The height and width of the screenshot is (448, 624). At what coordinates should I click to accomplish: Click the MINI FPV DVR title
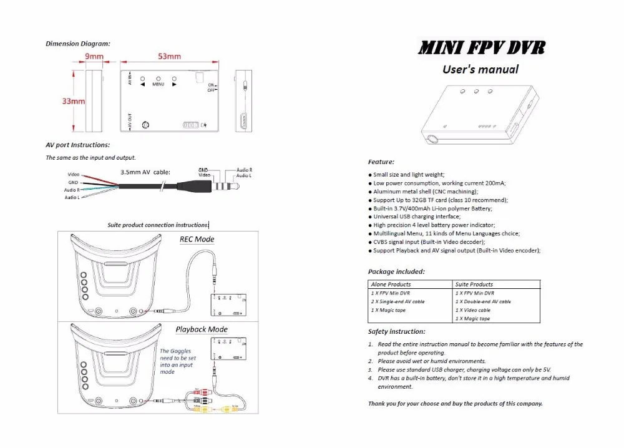coord(480,47)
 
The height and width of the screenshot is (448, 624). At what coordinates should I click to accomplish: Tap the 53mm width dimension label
coord(169,56)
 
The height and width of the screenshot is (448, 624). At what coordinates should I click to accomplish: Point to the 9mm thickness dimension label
coord(94,56)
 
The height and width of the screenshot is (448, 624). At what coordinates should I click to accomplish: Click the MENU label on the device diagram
coord(158,84)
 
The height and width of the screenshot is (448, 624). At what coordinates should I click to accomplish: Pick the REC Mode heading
coord(197,239)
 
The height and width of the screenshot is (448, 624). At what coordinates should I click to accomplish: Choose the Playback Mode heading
coord(202,329)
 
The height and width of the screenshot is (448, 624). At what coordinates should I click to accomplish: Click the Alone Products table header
coord(391,285)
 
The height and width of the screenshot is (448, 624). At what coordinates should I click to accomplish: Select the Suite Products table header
coord(474,285)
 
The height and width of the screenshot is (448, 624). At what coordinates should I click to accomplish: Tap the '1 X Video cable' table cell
coord(473,310)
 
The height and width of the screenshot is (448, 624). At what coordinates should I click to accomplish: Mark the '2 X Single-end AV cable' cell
coord(397,301)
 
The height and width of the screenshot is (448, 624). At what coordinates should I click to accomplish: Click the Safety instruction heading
coord(397,332)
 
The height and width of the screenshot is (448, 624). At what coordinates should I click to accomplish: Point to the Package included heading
coord(396,272)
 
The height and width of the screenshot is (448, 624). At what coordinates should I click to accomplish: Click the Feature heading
coord(381,162)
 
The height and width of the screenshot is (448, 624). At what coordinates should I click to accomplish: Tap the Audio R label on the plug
coord(244,170)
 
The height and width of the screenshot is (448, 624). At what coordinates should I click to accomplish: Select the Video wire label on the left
coord(73,174)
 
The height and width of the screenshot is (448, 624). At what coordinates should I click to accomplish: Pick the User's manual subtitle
coord(480,69)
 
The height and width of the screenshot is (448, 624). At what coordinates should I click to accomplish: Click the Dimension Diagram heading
coord(78,44)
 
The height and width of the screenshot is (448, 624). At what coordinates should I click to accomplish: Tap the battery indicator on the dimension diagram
coord(190,125)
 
